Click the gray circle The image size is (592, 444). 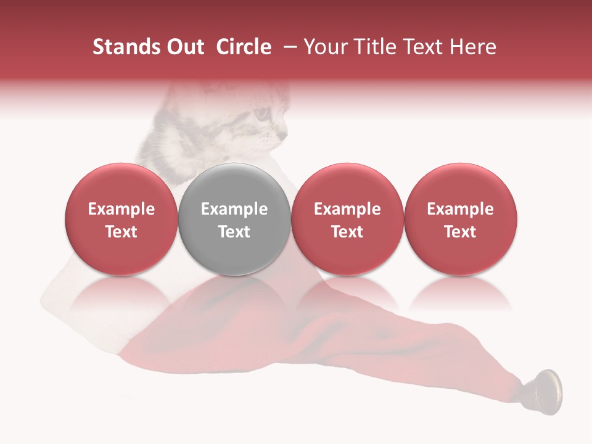click(x=234, y=219)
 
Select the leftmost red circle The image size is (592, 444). click(x=121, y=219)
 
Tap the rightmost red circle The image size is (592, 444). click(x=461, y=219)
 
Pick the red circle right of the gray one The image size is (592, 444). click(x=347, y=219)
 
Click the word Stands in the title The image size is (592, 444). click(x=126, y=47)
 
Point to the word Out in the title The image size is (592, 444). click(x=184, y=47)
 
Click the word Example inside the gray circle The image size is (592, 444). click(x=234, y=209)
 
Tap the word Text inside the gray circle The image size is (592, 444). click(x=234, y=232)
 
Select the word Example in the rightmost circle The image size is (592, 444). click(x=461, y=209)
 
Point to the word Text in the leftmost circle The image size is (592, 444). click(x=121, y=232)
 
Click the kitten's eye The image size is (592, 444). click(x=262, y=113)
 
